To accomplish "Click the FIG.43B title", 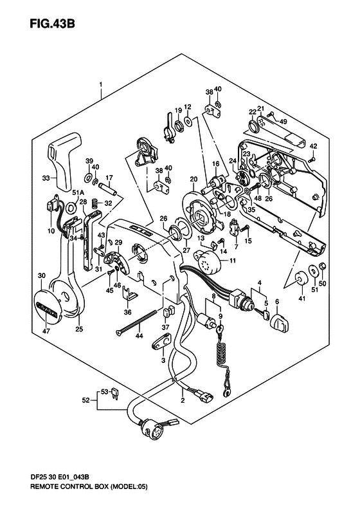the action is tap(52, 23).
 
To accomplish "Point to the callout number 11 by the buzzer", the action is tap(232, 261).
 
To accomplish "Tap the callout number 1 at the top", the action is tap(100, 84).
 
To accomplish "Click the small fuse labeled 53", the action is tap(116, 393).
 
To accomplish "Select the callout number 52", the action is tap(85, 400).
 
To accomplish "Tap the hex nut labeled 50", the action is tap(322, 266).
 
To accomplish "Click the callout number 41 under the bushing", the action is tap(302, 299).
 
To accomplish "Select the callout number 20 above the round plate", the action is tap(194, 179).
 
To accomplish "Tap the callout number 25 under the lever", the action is tap(79, 329).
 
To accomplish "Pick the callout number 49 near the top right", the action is tap(283, 122).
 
